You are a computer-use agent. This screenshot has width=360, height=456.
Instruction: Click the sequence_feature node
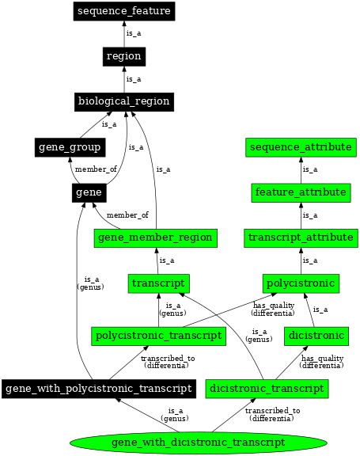pyautogui.click(x=124, y=11)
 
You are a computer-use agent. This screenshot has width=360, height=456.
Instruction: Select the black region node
pyautogui.click(x=123, y=56)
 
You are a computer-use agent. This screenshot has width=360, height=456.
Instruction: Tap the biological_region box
pyautogui.click(x=123, y=101)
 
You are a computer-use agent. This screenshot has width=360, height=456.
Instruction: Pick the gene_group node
pyautogui.click(x=70, y=147)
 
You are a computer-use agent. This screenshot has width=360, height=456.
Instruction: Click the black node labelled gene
pyautogui.click(x=85, y=192)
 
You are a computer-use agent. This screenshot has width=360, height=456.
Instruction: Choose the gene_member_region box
pyautogui.click(x=155, y=237)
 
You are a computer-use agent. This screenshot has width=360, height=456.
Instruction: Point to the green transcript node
pyautogui.click(x=159, y=283)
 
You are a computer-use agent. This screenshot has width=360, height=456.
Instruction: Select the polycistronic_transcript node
pyautogui.click(x=159, y=336)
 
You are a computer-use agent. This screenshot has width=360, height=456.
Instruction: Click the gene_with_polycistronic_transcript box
pyautogui.click(x=98, y=389)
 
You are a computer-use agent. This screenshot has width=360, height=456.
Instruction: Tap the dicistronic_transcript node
pyautogui.click(x=266, y=389)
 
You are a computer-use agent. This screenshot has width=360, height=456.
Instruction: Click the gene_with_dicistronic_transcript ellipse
pyautogui.click(x=199, y=442)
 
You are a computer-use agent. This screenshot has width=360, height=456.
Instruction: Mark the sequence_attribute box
pyautogui.click(x=301, y=147)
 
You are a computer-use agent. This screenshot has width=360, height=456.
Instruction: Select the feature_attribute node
pyautogui.click(x=301, y=192)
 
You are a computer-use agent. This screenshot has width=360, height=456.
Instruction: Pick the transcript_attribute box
pyautogui.click(x=301, y=237)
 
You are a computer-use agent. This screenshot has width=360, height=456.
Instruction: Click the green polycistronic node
pyautogui.click(x=301, y=283)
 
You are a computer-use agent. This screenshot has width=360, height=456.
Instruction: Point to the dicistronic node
pyautogui.click(x=316, y=336)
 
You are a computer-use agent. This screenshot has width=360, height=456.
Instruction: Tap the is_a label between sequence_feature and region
pyautogui.click(x=134, y=33)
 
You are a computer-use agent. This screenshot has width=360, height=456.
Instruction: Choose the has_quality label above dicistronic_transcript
pyautogui.click(x=322, y=361)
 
